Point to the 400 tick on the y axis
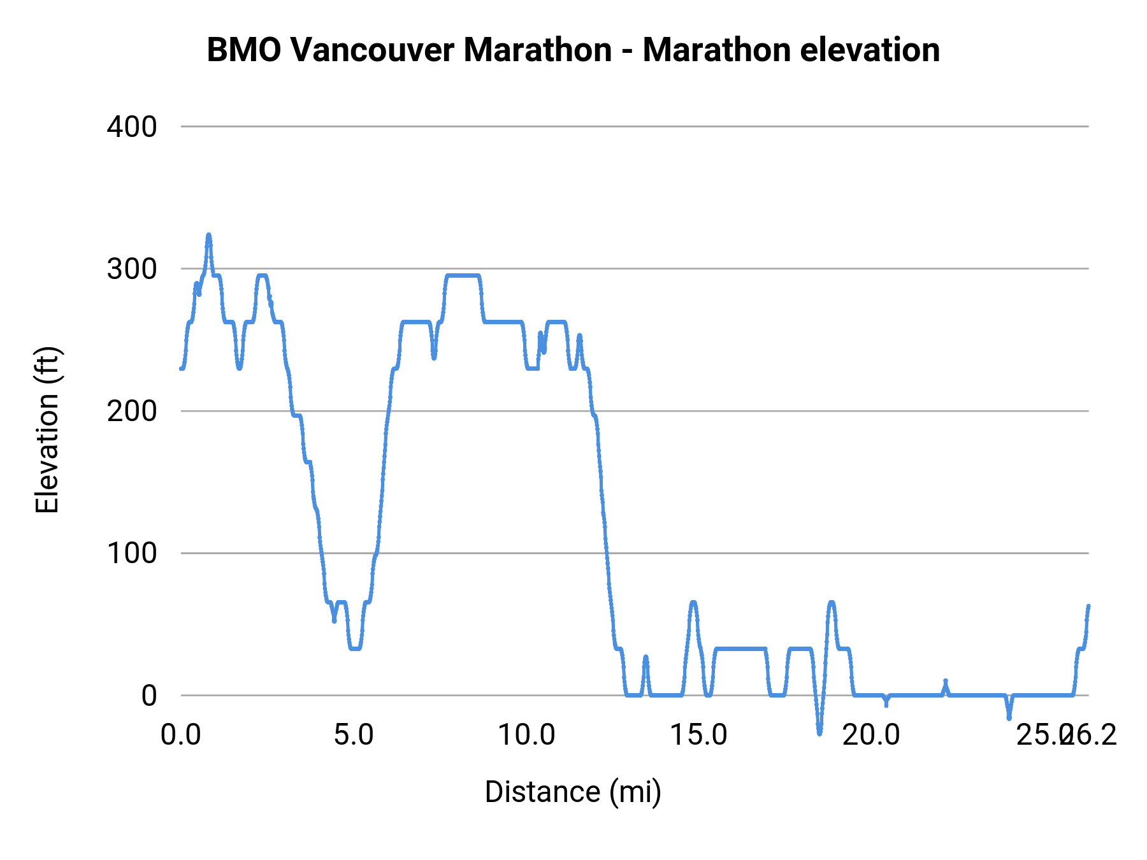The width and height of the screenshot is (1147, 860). click(132, 127)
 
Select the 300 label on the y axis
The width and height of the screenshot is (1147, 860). click(132, 269)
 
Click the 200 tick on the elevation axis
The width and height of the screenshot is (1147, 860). click(132, 411)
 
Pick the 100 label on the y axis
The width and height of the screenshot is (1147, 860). click(132, 553)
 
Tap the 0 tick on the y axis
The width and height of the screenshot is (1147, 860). click(149, 696)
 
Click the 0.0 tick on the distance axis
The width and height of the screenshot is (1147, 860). click(181, 735)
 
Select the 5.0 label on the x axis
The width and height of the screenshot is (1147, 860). click(354, 735)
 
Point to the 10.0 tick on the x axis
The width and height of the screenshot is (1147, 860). click(526, 735)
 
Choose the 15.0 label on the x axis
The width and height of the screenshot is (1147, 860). click(699, 735)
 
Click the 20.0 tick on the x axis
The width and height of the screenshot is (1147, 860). click(871, 735)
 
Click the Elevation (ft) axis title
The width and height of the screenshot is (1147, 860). click(48, 430)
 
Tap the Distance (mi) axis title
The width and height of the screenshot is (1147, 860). click(573, 792)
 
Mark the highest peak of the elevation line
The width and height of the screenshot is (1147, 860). click(208, 235)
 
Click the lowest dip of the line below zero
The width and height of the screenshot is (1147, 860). click(819, 733)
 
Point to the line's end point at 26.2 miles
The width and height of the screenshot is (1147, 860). click(1088, 606)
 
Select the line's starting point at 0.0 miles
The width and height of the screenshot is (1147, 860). click(182, 368)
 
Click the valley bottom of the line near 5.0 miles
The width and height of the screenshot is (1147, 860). click(356, 649)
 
